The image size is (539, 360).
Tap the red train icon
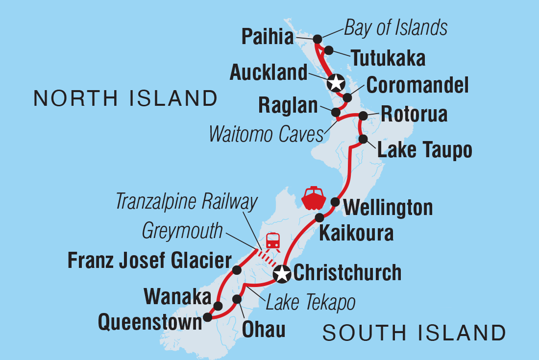click(272, 241)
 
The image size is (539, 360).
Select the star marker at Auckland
click(335, 83)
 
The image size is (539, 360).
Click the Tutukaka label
click(388, 59)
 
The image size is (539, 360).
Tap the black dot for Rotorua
click(363, 116)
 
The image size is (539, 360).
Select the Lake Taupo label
click(425, 150)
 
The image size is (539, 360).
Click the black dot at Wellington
click(335, 202)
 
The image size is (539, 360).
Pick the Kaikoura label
click(356, 233)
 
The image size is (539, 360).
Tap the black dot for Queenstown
click(208, 317)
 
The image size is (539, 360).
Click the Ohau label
click(264, 330)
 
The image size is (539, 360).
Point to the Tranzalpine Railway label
click(187, 202)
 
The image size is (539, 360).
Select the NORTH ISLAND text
click(125, 98)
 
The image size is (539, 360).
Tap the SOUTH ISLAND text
click(414, 333)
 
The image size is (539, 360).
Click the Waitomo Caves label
click(267, 134)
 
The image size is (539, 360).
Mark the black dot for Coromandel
click(347, 97)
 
